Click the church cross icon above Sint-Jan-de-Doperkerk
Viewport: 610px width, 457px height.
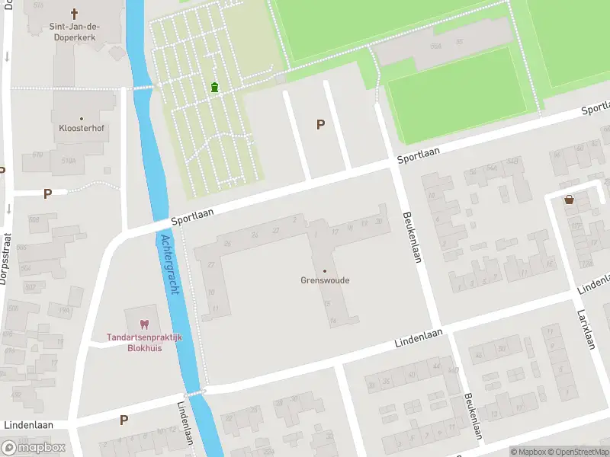tap(75, 14)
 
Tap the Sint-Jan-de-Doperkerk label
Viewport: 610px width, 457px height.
tap(75, 32)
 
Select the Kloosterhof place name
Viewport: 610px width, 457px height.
tap(81, 129)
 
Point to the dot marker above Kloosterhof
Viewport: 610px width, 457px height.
tap(81, 117)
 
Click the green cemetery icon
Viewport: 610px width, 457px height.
tap(215, 88)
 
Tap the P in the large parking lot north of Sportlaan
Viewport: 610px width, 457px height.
tap(320, 124)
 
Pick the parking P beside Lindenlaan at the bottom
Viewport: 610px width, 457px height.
tap(124, 420)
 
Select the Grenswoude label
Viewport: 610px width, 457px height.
tap(325, 280)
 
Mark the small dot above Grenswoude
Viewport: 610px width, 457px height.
tap(325, 270)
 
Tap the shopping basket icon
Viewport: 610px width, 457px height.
tap(569, 200)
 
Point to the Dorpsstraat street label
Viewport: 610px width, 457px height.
tap(3, 259)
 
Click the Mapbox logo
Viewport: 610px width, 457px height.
tap(34, 448)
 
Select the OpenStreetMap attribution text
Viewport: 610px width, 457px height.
tap(580, 452)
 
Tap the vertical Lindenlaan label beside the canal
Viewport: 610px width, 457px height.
tap(186, 427)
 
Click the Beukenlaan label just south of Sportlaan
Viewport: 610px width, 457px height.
tap(412, 237)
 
